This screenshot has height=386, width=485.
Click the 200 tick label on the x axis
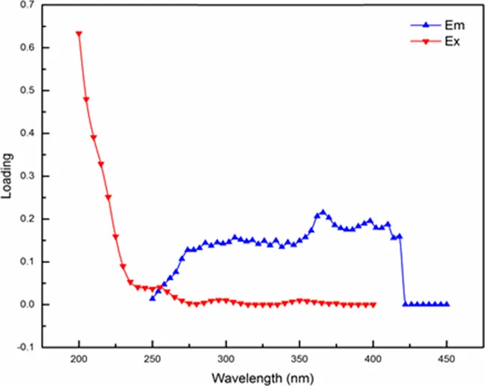click(79, 358)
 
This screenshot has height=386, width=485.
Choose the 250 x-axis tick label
click(152, 358)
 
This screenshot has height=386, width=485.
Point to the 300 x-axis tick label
click(226, 358)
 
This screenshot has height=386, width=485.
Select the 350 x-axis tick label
click(299, 358)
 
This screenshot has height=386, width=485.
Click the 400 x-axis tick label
click(373, 358)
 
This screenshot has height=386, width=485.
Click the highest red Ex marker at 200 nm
click(79, 34)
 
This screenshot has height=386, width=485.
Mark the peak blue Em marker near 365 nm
click(323, 212)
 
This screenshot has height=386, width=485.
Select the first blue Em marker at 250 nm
click(153, 298)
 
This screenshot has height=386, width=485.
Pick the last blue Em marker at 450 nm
click(447, 304)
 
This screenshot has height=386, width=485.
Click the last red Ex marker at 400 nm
click(373, 304)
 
